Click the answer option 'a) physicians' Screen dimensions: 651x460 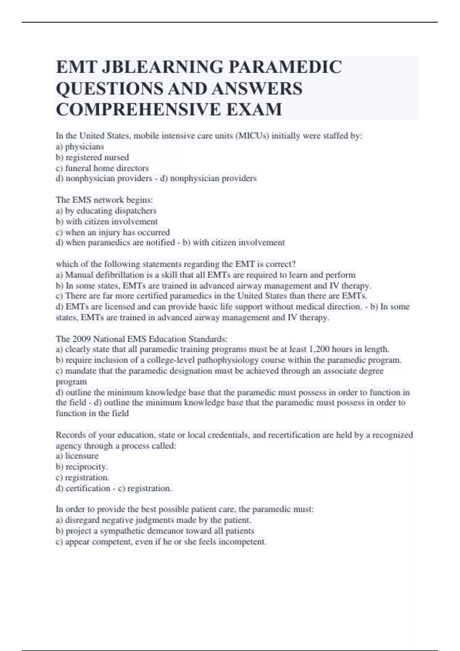(80, 147)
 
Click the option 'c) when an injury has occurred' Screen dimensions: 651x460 (113, 232)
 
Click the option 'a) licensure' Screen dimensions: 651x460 (77, 456)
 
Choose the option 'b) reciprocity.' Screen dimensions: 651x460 (82, 467)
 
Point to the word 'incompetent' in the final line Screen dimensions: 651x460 (242, 542)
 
